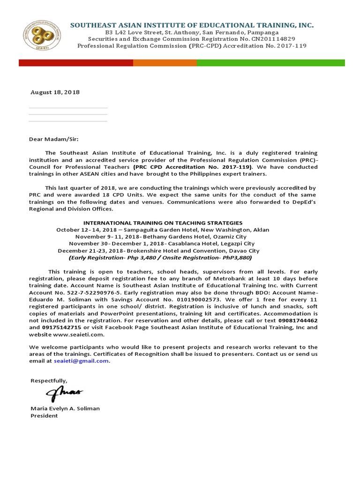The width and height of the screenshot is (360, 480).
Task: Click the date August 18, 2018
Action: pyautogui.click(x=55, y=92)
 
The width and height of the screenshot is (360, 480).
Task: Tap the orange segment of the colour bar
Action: pyautogui.click(x=165, y=63)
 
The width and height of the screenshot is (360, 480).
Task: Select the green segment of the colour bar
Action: pyautogui.click(x=270, y=63)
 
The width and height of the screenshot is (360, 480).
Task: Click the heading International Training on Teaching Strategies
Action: pyautogui.click(x=163, y=223)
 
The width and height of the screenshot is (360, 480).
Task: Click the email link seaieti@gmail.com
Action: pyautogui.click(x=81, y=361)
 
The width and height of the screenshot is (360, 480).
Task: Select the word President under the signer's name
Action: pyautogui.click(x=44, y=416)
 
